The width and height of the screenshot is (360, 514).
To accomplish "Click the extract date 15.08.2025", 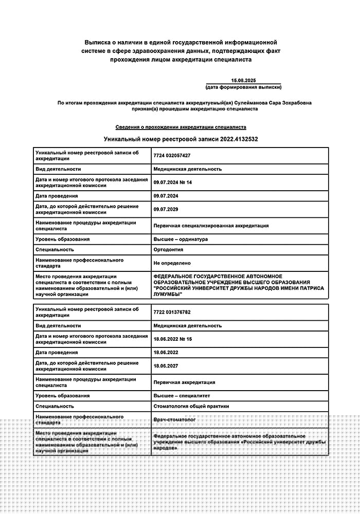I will click(243, 81).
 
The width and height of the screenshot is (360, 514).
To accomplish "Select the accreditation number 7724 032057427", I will click(172, 155).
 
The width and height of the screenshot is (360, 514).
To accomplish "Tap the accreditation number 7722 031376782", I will click(172, 312).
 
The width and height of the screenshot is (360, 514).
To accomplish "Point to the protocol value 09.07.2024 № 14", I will click(172, 182).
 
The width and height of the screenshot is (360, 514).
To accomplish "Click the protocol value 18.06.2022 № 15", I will click(172, 339).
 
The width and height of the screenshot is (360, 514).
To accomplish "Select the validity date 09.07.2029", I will click(166, 209).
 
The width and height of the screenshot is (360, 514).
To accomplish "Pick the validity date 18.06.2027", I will click(166, 366).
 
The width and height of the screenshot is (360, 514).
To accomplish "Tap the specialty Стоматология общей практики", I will click(191, 406).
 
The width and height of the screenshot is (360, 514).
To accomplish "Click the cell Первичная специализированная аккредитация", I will click(211, 226).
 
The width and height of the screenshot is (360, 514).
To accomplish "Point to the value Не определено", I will click(172, 263).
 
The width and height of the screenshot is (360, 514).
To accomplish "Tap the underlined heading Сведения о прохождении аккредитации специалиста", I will click(181, 127).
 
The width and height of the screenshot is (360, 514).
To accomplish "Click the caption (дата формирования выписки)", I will click(243, 87).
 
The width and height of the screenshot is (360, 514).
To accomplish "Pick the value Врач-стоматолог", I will click(175, 420).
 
